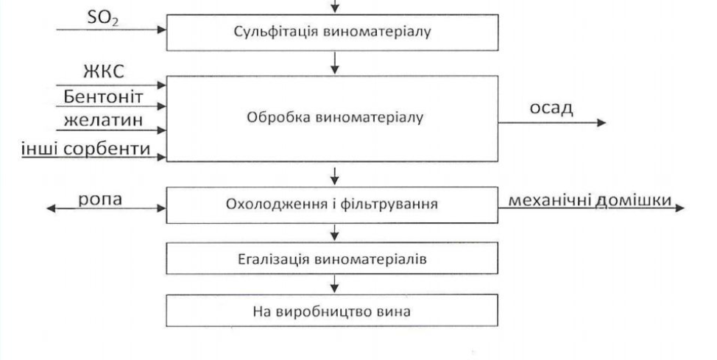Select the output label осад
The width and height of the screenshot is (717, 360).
(x=551, y=107)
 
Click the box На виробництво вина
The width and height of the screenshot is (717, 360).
(x=334, y=310)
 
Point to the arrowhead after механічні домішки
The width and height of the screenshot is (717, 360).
(x=679, y=208)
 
